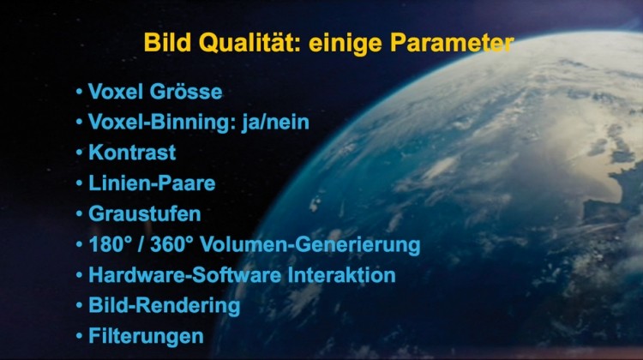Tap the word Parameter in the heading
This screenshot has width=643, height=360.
pos(452,43)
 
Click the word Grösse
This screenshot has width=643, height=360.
pos(186,92)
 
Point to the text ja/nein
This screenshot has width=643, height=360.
pos(275,123)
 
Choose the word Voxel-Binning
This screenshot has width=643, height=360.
pos(159,123)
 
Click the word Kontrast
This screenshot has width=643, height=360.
pos(132,153)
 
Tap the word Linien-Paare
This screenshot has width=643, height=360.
pos(152,183)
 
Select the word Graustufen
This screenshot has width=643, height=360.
pos(145,213)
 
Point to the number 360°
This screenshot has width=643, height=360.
pos(171,244)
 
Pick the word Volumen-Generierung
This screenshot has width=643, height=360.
pos(310,245)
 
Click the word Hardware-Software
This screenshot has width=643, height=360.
pos(185,275)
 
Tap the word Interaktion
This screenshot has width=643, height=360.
pos(341,275)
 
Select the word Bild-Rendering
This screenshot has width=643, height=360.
pos(165,306)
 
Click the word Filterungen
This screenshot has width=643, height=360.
pos(146,337)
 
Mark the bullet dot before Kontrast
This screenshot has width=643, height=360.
pos(79,153)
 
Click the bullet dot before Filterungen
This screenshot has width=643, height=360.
pos(79,336)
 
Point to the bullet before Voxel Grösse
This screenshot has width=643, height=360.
pos(79,92)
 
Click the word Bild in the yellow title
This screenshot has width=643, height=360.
pos(168,43)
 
